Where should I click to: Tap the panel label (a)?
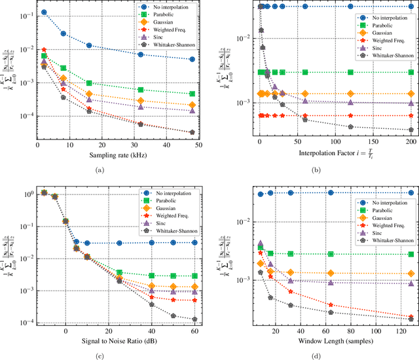coord(99,170)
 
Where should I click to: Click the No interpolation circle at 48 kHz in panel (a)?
coord(191,60)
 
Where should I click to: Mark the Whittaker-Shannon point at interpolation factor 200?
coord(410,130)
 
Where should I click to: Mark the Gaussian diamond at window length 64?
coord(331,273)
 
